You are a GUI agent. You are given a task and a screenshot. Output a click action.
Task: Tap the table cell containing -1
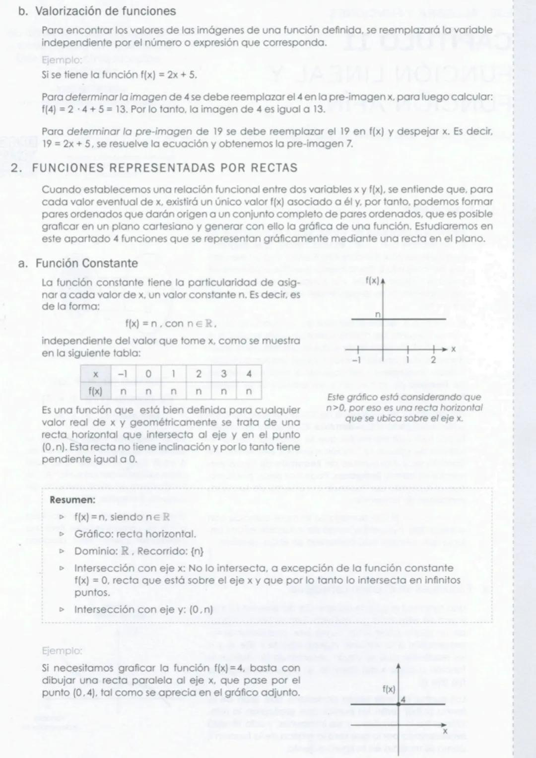[x=124, y=374]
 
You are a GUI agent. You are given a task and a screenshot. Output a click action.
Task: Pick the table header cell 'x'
[x=95, y=374]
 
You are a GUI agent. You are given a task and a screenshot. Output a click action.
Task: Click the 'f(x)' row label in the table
[x=95, y=391]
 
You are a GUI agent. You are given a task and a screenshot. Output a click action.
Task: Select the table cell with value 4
[x=249, y=374]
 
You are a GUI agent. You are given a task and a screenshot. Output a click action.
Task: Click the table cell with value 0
[x=148, y=374]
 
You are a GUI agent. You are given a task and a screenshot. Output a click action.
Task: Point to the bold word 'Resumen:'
[x=72, y=499]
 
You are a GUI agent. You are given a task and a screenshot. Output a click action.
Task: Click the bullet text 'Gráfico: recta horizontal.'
[x=135, y=534]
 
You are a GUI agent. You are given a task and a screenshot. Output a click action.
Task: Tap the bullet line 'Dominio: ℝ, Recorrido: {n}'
[x=139, y=551]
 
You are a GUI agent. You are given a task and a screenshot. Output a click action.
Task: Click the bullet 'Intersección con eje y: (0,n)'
[x=143, y=610]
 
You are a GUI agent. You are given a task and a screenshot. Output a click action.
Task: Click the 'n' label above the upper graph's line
[x=377, y=314]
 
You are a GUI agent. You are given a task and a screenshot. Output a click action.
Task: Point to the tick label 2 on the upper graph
[x=433, y=360]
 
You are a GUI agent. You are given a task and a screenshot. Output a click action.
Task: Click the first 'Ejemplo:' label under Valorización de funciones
[x=62, y=60]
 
